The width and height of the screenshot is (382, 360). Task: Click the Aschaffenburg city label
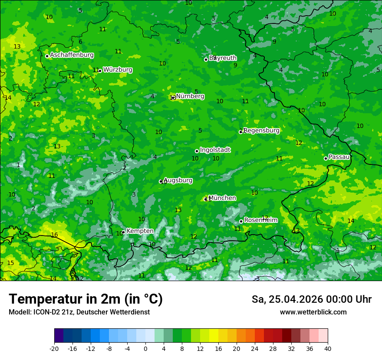[x=72, y=55]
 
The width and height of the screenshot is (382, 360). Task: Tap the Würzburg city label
[x=118, y=70]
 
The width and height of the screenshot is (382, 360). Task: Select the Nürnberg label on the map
[x=190, y=96]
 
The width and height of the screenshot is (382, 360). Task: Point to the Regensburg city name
[x=262, y=131]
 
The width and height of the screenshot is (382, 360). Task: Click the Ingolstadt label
[x=215, y=150]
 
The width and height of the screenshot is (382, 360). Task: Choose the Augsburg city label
[x=178, y=180]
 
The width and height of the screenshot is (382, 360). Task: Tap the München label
[x=222, y=198]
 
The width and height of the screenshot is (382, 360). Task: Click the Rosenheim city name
[x=261, y=220]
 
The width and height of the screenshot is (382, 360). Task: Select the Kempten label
[x=140, y=231]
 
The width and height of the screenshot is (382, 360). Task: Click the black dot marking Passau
[x=326, y=158]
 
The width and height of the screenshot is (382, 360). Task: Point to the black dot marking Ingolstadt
[x=197, y=151]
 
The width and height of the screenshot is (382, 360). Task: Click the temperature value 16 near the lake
[x=54, y=235]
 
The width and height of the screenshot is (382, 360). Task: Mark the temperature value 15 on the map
[x=10, y=263]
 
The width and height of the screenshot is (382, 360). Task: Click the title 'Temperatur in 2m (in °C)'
[x=86, y=299]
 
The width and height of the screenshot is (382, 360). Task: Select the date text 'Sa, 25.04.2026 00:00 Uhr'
[x=311, y=299]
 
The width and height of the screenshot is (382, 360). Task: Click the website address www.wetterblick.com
[x=313, y=312]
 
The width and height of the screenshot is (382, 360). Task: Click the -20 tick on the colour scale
[x=54, y=349]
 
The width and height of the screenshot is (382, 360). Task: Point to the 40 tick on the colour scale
[x=328, y=349]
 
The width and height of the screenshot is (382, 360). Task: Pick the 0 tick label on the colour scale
[x=145, y=349]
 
